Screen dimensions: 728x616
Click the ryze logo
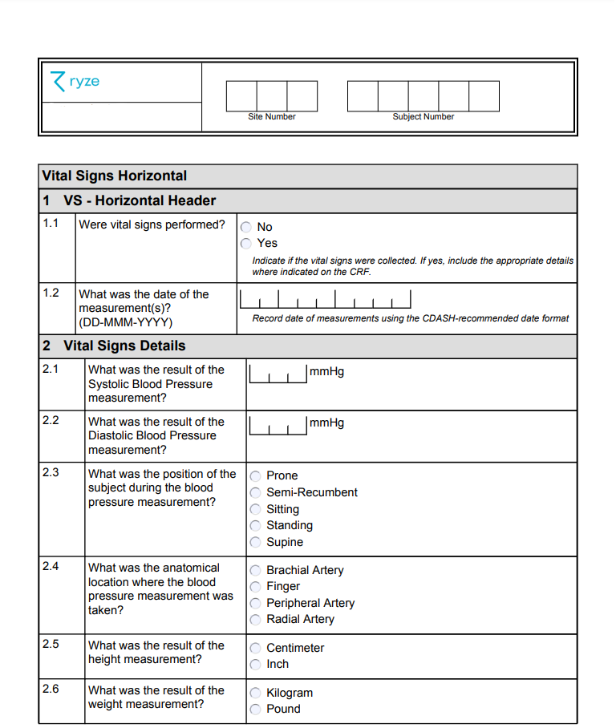(75, 82)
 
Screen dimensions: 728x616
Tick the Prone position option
(256, 475)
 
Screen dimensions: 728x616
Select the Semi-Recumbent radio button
(256, 492)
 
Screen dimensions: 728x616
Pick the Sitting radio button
(256, 509)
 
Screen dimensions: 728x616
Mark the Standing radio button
(256, 525)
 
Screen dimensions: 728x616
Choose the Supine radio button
(256, 542)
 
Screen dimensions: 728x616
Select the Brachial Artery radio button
(256, 570)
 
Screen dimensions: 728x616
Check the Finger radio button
(256, 586)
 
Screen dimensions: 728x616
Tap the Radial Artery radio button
(256, 619)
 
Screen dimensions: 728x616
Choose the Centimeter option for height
(256, 648)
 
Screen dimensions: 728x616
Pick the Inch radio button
(256, 664)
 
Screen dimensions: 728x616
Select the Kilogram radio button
(256, 693)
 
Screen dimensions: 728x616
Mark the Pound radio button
(256, 709)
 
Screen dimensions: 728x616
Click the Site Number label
(272, 117)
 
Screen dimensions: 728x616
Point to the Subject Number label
(423, 117)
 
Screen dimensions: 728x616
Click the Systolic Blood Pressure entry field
(278, 374)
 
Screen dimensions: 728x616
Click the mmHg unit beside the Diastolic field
(326, 423)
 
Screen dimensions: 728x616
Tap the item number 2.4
(51, 567)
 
